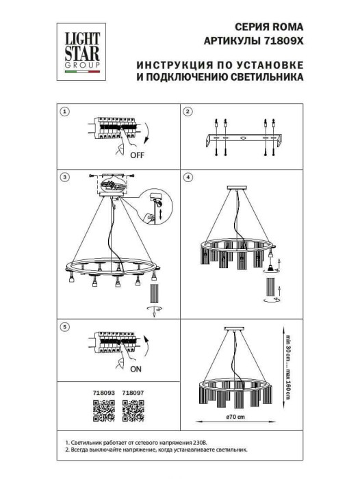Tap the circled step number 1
tap(64, 111)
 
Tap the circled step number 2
tap(188, 111)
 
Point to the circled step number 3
tap(64, 177)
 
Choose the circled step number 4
tap(188, 177)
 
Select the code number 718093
tap(102, 393)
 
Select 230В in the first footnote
tap(210, 444)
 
